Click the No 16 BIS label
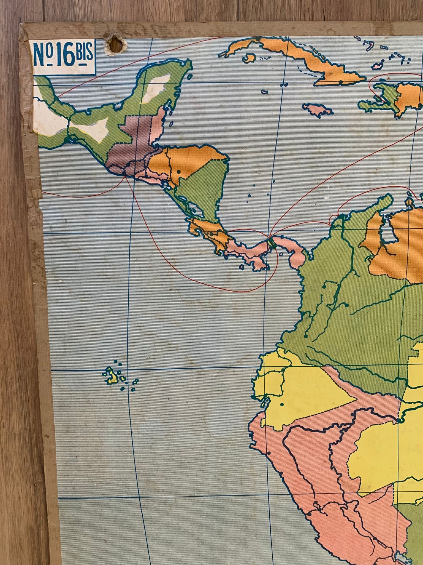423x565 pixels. coord(63,57)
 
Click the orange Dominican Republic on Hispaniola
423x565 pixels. coord(408,97)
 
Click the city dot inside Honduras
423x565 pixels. coord(179,172)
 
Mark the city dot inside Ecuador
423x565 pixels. coord(282,405)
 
